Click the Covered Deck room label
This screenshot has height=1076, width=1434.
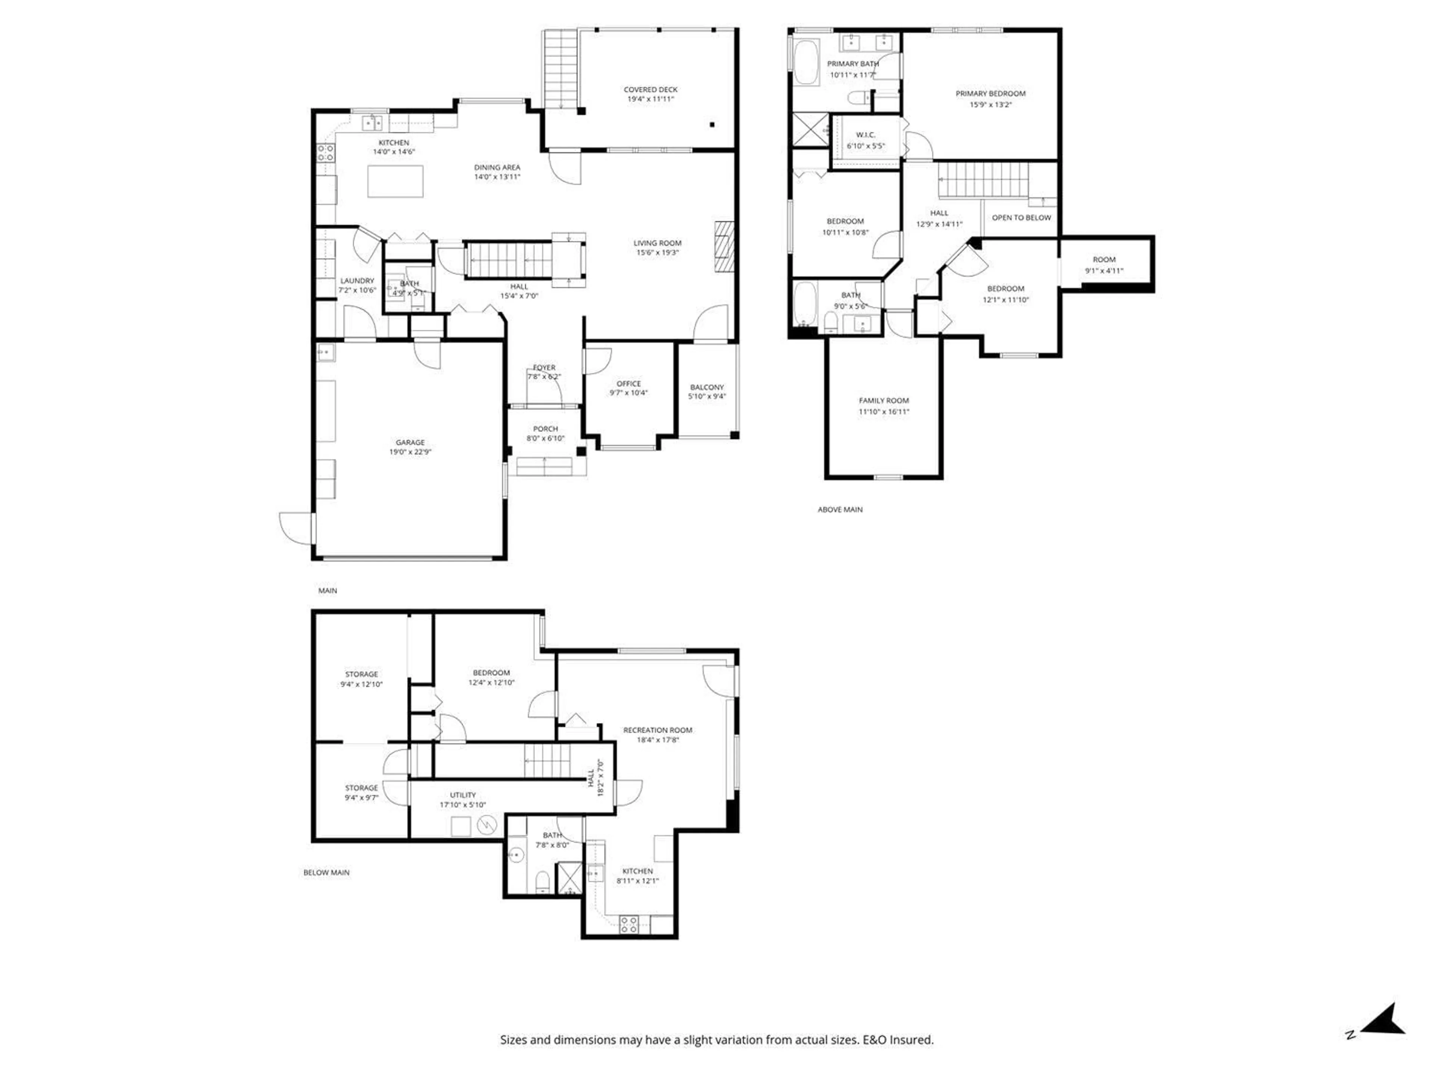click(650, 90)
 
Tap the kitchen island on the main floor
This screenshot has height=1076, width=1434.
click(395, 181)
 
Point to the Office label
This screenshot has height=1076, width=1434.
click(628, 383)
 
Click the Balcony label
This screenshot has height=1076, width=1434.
click(707, 387)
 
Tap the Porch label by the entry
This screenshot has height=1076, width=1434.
click(545, 429)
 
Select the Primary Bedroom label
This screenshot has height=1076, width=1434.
click(990, 93)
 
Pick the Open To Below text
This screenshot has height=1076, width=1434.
click(1021, 217)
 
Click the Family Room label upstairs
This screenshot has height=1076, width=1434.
click(884, 400)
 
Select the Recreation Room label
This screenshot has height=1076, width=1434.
click(657, 730)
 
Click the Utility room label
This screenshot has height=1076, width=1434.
click(462, 795)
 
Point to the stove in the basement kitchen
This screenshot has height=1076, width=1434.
click(628, 924)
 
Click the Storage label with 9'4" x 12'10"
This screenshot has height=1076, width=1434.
click(361, 674)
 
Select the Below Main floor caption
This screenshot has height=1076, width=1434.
click(326, 872)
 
